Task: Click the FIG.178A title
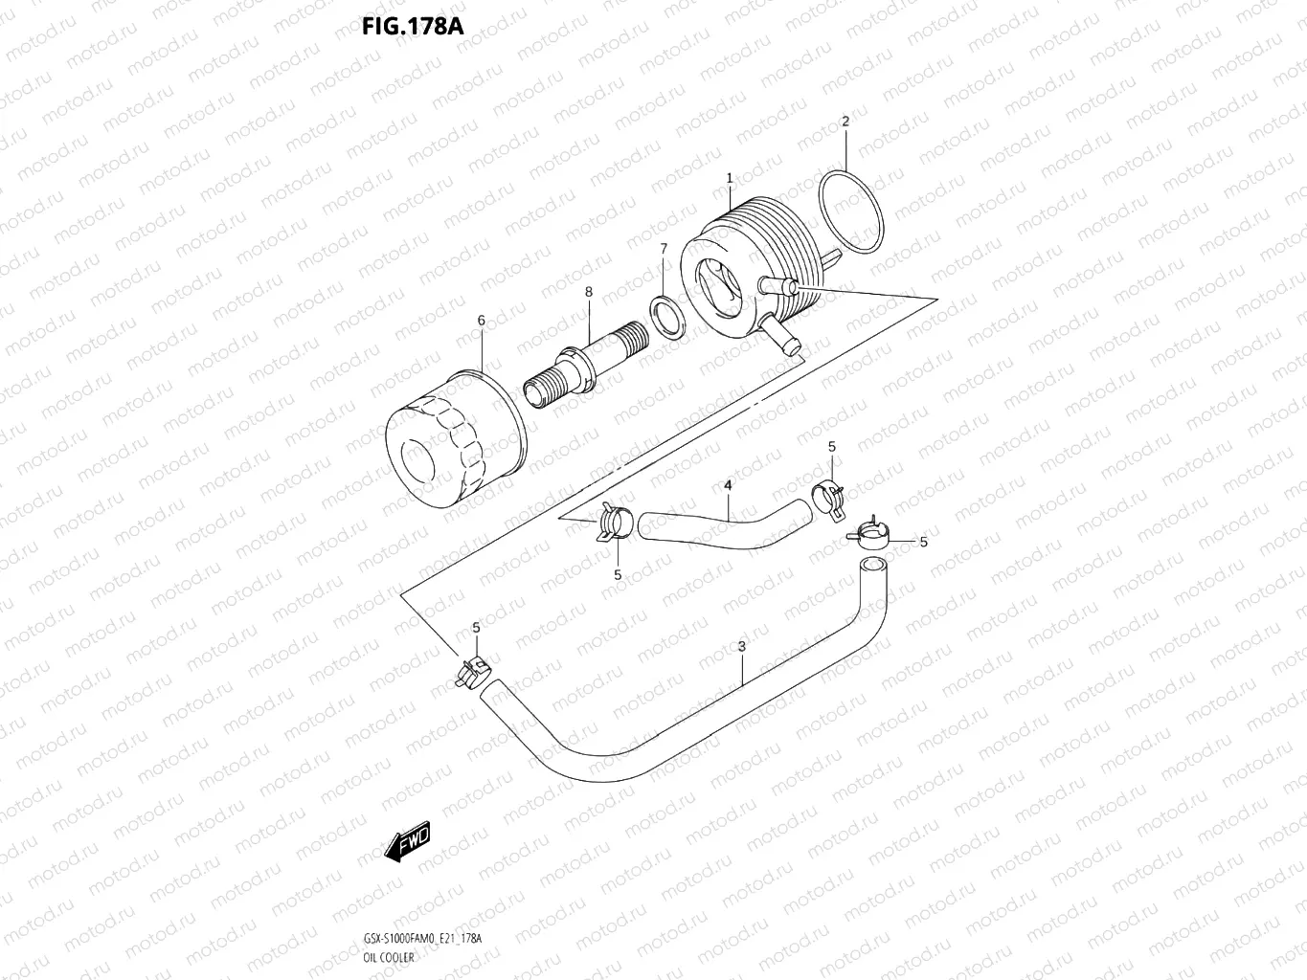(412, 26)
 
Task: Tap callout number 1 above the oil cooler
(730, 178)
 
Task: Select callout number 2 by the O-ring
(845, 122)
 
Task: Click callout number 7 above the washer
(664, 249)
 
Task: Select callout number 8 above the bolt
(589, 292)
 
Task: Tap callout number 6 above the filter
(482, 321)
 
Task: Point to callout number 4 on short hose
(728, 486)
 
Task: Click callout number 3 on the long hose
(742, 647)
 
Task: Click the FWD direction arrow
(408, 840)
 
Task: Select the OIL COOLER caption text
(389, 957)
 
